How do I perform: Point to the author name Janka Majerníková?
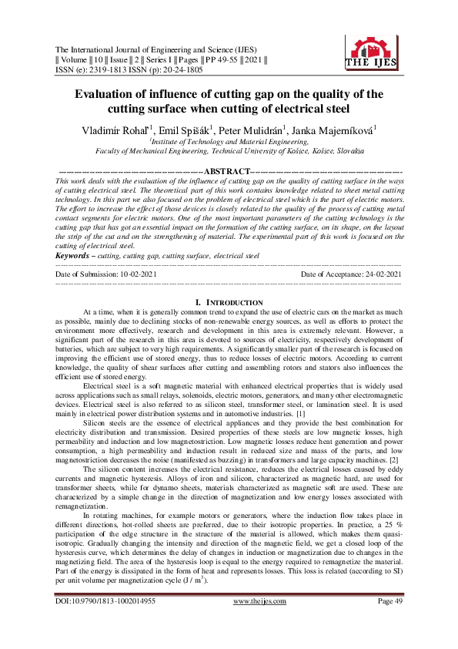(332, 129)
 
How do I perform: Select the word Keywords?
(74, 254)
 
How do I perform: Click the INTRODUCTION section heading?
(229, 301)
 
